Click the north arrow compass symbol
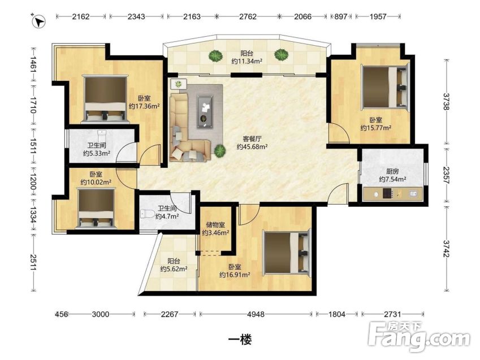coord(38,21)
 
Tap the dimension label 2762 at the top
coord(248,16)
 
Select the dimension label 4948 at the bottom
coord(256,314)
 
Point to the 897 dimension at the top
coord(341,16)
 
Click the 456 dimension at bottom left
coord(61,314)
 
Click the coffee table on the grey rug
coord(205,112)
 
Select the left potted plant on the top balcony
coord(215,56)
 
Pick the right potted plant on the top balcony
coord(281,55)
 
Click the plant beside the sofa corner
coord(219,151)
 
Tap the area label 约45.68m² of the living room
coord(252,146)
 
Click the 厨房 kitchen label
coord(392,171)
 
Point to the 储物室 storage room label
coord(215,225)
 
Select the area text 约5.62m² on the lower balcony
coord(174,269)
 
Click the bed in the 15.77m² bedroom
coord(385,87)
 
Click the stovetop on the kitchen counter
coord(387,194)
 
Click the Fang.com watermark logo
coord(419,336)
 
